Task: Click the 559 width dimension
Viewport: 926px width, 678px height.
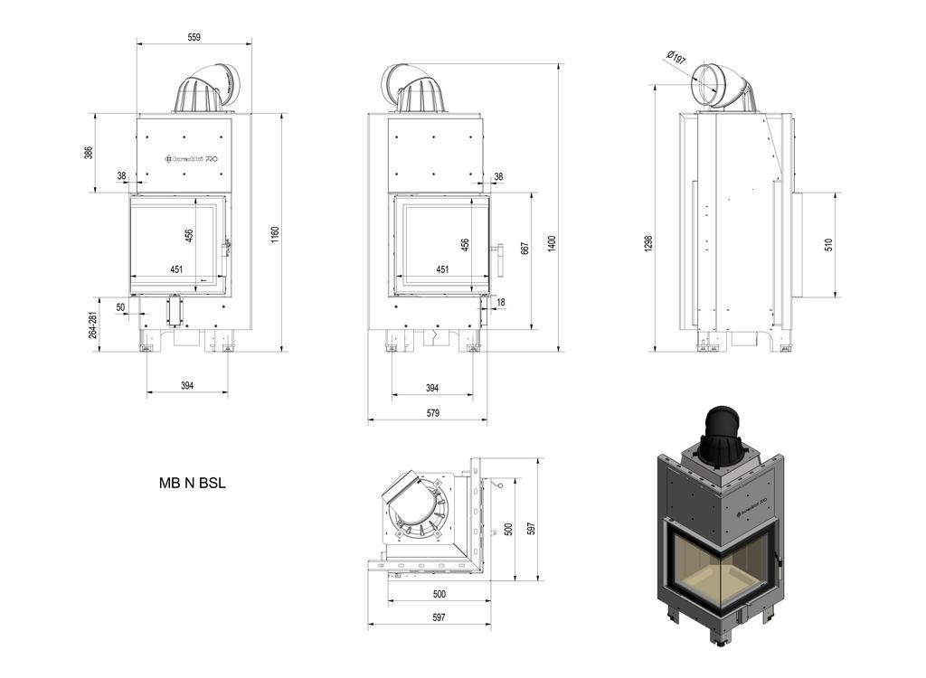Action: click(x=194, y=37)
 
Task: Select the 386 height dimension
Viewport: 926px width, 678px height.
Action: click(x=89, y=153)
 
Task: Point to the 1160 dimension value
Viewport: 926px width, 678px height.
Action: click(x=275, y=233)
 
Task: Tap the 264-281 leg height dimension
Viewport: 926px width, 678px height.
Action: click(x=92, y=325)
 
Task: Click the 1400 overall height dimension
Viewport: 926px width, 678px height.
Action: click(x=551, y=242)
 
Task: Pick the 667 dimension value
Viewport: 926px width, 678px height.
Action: click(x=524, y=248)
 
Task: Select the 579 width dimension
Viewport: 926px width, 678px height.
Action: click(x=432, y=413)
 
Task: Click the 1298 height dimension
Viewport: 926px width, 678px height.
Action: click(x=648, y=243)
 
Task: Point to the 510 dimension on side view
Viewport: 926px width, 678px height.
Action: click(x=828, y=244)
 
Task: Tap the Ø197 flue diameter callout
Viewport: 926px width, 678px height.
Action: click(x=676, y=57)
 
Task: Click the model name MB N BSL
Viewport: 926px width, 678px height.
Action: click(x=193, y=483)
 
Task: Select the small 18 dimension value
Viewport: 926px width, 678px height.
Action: click(x=501, y=302)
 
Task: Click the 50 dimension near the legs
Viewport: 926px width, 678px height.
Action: click(x=121, y=307)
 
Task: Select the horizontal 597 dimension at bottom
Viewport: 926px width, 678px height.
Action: click(x=439, y=617)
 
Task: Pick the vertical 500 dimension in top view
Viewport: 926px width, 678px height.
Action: click(x=508, y=530)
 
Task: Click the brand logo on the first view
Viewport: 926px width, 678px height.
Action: click(x=191, y=158)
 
